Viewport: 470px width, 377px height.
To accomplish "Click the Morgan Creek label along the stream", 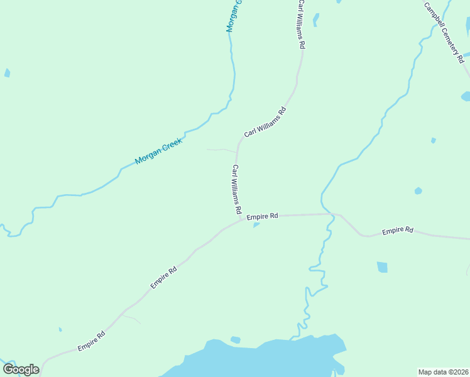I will [158, 151].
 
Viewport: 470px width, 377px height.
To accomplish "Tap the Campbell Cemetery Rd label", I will [444, 33].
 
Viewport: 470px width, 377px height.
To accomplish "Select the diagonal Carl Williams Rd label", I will [265, 122].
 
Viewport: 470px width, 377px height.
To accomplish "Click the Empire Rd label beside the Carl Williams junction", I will [262, 217].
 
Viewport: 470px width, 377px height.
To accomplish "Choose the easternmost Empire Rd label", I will [397, 231].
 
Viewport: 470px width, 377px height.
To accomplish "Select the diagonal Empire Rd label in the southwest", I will [163, 277].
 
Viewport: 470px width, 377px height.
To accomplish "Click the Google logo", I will [21, 369].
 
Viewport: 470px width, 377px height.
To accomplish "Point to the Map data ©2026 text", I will [443, 371].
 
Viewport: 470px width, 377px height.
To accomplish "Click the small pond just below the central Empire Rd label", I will [256, 225].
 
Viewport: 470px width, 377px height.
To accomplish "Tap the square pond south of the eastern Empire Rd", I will [382, 267].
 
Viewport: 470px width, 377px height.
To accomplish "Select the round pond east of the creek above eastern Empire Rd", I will [418, 190].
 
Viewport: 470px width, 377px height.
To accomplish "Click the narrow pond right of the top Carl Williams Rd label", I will [315, 20].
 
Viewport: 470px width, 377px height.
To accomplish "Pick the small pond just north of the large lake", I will [235, 340].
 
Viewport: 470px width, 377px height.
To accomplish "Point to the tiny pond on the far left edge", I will [7, 73].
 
